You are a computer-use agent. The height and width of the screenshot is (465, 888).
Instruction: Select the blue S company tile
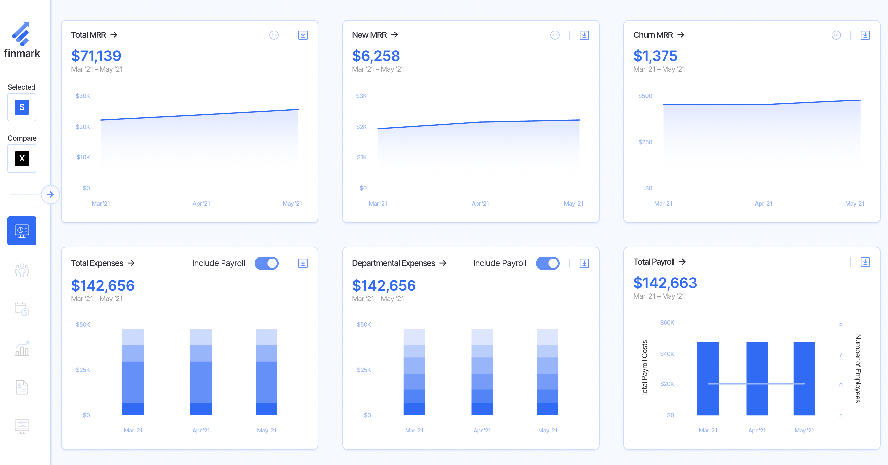tap(22, 107)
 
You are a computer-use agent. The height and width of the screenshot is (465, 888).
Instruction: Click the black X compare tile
tap(22, 158)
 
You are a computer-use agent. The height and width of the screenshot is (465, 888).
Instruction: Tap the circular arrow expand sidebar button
tap(50, 194)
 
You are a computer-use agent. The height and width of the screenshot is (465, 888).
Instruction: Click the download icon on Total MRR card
tap(303, 35)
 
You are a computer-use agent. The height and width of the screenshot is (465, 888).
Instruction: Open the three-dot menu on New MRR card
tap(555, 35)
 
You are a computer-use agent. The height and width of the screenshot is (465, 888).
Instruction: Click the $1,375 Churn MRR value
tap(655, 56)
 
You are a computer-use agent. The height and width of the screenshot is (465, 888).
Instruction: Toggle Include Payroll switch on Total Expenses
tap(267, 263)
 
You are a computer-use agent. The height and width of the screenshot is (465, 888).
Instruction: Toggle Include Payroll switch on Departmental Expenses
tap(547, 263)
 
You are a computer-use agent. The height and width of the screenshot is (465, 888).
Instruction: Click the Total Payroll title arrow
tap(682, 262)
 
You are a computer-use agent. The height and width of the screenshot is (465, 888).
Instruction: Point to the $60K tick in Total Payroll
tap(667, 323)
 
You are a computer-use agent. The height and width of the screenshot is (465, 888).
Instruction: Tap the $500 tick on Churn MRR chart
tap(645, 96)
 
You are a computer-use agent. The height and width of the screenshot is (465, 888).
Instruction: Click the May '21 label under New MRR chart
tap(573, 204)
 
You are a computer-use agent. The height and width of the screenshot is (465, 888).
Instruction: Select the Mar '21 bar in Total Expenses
tap(133, 372)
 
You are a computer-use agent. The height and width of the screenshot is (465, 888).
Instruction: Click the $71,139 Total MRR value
tap(96, 56)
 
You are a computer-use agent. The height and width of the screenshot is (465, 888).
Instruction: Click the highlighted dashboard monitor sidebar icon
tap(22, 231)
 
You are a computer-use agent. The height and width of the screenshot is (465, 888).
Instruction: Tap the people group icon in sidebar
tap(22, 271)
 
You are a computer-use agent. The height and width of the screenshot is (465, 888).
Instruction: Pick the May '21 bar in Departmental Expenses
tap(547, 372)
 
